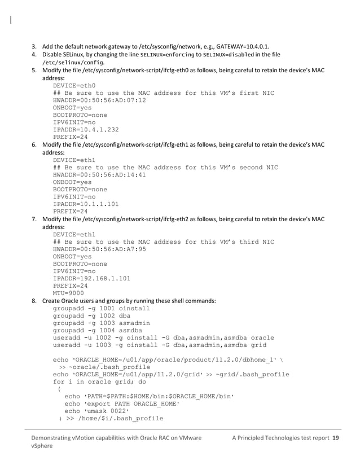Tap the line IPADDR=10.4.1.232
pyautogui.click(x=86, y=129)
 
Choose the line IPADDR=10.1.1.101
pyautogui.click(x=86, y=204)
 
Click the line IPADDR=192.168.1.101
pyautogui.click(x=92, y=278)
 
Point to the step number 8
pyautogui.click(x=34, y=301)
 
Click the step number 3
pyautogui.click(x=34, y=45)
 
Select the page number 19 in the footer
pyautogui.click(x=335, y=438)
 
